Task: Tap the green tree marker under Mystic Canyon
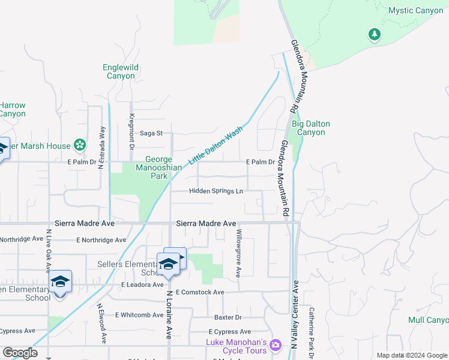tap(375, 35)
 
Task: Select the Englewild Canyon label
tap(121, 72)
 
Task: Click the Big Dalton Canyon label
tap(310, 128)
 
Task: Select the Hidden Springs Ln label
tap(216, 191)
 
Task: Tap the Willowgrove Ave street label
tap(239, 252)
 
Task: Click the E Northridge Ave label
tap(101, 240)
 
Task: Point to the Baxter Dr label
tap(228, 317)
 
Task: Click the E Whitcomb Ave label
tap(139, 314)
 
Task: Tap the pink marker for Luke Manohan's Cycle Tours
tap(275, 345)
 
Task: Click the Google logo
tap(20, 353)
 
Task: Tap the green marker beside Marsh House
tap(79, 145)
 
